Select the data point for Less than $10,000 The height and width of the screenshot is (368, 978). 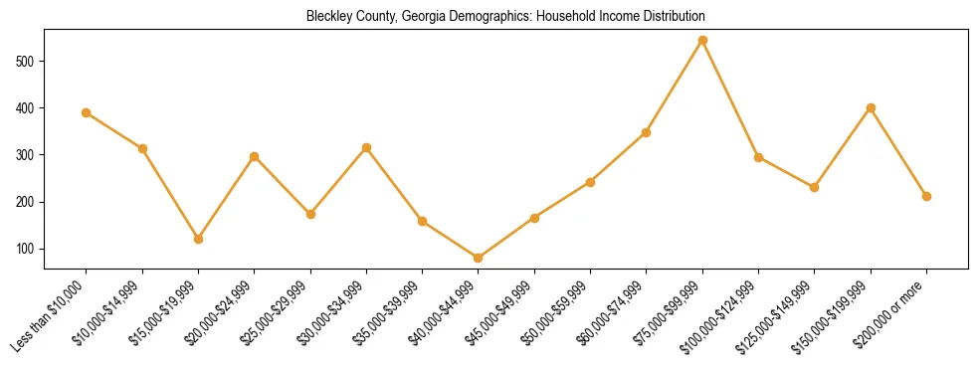(87, 112)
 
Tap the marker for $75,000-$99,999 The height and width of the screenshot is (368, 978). (702, 41)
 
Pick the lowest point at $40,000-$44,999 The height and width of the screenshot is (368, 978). (479, 259)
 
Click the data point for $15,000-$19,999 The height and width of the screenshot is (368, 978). (199, 239)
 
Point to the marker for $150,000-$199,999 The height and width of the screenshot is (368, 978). (871, 107)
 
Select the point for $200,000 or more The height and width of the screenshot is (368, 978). (926, 196)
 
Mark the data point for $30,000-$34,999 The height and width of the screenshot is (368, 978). (367, 147)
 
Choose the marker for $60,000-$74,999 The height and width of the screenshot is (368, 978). (647, 132)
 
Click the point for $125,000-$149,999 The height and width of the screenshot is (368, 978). (815, 187)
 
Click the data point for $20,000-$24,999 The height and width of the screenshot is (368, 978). (255, 156)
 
